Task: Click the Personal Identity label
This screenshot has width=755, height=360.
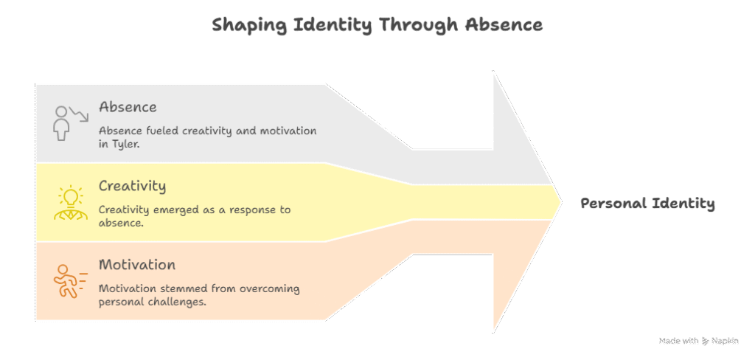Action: click(647, 204)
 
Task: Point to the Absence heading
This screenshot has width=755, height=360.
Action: click(128, 107)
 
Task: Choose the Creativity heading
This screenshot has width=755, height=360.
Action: click(133, 187)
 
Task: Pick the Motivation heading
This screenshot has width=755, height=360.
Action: click(137, 265)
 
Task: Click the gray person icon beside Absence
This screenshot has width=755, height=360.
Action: click(61, 123)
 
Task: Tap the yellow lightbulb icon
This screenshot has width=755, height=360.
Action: click(68, 202)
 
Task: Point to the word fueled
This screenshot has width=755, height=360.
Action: click(153, 131)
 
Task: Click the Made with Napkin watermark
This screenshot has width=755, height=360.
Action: click(699, 341)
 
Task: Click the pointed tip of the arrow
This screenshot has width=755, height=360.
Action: click(561, 202)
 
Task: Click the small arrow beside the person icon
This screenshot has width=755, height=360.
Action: click(78, 114)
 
